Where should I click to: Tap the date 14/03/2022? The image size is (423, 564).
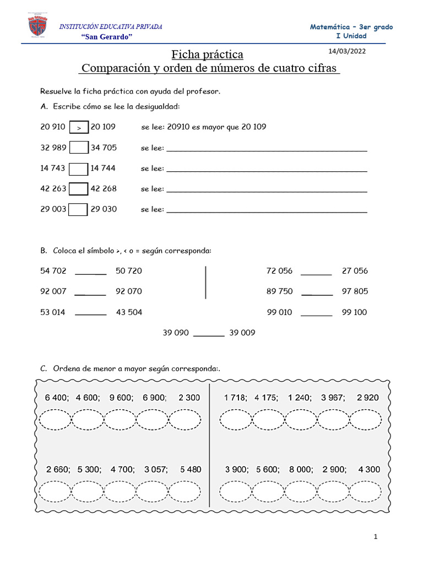coord(346,51)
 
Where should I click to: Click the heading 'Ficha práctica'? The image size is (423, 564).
coord(207,55)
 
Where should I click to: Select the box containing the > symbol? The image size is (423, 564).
coord(79,127)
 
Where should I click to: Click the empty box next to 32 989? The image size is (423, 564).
coord(79,148)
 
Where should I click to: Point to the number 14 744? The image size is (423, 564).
coord(103,168)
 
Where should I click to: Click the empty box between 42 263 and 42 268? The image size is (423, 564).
coord(79,188)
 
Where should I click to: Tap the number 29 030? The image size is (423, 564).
coord(104,209)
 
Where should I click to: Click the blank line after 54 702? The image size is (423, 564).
coord(90,272)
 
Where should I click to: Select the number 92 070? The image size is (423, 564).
coord(129,291)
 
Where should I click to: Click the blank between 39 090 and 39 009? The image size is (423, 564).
coord(209,333)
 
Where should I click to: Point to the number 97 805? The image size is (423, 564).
coord(355,291)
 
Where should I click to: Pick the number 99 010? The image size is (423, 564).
coord(279,312)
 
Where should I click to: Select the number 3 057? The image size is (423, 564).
coord(155,470)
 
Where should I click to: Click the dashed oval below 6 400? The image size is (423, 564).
coord(55,420)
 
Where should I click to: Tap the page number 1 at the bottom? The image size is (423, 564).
coord(375,537)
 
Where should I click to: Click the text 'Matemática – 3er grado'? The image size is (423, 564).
coord(351,27)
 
